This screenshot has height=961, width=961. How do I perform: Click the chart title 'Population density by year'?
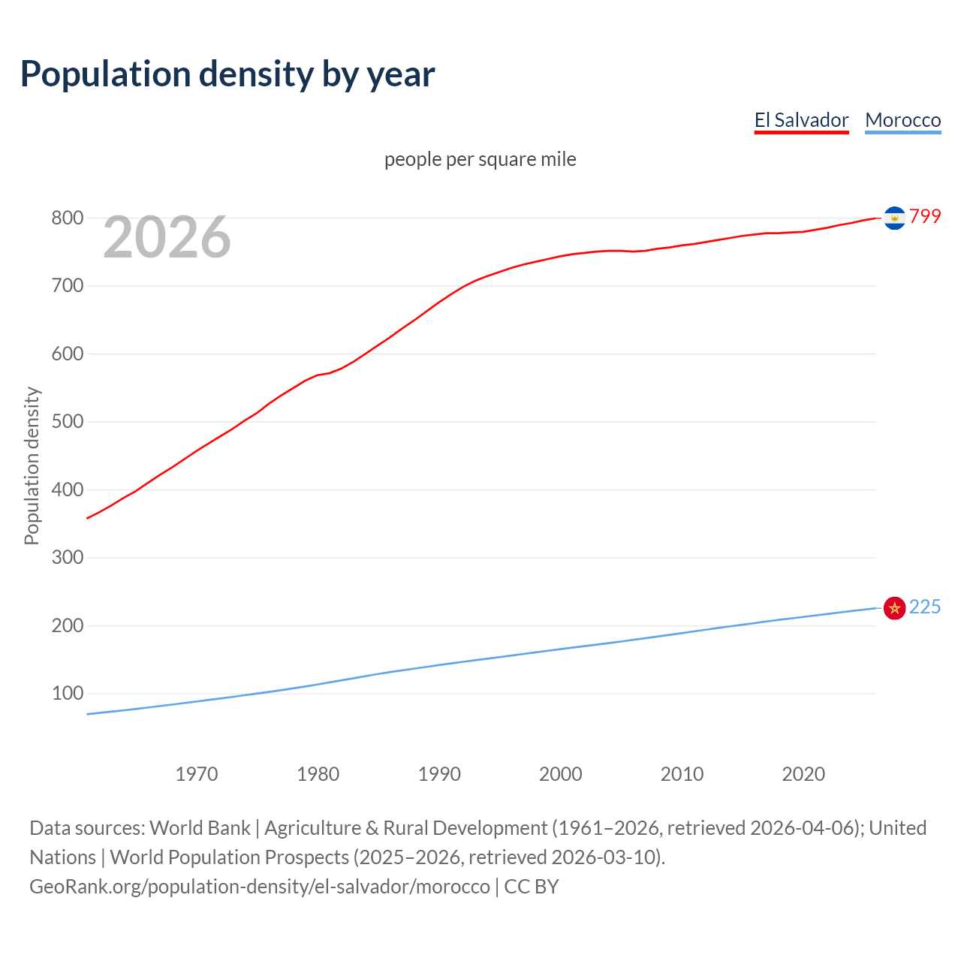click(x=227, y=74)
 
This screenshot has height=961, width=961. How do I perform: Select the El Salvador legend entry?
click(x=801, y=120)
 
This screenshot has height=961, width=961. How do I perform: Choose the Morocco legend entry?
click(x=902, y=120)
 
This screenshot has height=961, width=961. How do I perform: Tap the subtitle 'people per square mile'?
click(x=480, y=159)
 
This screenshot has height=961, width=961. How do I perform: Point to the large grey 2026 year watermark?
click(x=167, y=237)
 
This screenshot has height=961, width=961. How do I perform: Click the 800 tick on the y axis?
click(x=67, y=218)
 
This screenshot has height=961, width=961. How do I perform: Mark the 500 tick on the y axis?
click(x=67, y=422)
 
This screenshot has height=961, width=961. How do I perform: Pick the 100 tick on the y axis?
click(x=67, y=694)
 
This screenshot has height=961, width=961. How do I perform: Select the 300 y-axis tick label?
click(x=67, y=558)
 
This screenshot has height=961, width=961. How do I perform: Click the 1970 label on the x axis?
click(x=197, y=774)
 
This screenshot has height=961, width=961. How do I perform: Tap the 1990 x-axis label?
click(x=439, y=774)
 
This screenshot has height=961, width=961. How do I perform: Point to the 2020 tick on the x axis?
click(x=803, y=774)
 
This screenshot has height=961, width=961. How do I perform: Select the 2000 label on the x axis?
click(x=561, y=774)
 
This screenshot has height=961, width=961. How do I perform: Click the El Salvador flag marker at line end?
click(x=894, y=218)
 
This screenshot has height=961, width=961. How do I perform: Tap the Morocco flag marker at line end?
click(x=894, y=608)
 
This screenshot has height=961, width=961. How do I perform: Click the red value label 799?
click(x=925, y=217)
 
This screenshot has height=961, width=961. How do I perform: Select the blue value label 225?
click(x=925, y=607)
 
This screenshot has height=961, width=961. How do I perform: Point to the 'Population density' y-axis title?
click(x=32, y=465)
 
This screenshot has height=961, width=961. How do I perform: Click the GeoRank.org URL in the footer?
click(x=260, y=887)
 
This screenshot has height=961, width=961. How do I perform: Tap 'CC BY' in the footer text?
click(x=532, y=887)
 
